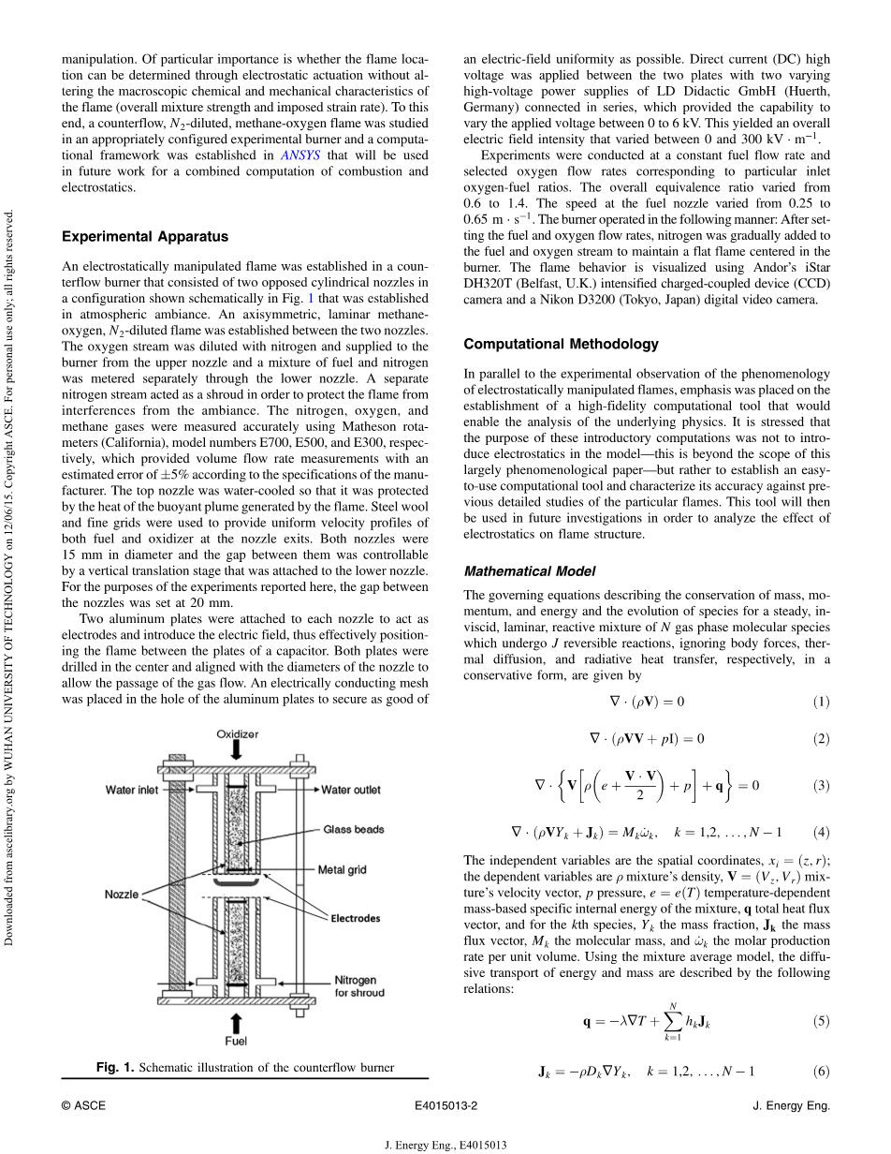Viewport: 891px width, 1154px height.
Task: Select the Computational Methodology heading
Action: (561, 344)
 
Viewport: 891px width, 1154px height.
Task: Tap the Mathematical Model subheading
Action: (529, 570)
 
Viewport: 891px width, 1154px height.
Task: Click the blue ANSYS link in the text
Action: (299, 155)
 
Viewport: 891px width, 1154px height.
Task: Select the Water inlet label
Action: (132, 790)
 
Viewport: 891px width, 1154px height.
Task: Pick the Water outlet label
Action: (351, 790)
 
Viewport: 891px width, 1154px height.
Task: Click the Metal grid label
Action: (343, 869)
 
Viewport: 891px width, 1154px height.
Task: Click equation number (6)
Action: (821, 1071)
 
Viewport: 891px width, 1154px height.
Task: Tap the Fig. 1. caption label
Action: (116, 1068)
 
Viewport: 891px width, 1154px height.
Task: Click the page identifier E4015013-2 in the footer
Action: (445, 1105)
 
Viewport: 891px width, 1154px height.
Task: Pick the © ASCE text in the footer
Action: (83, 1105)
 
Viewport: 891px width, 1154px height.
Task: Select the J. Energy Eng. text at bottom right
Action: (791, 1105)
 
